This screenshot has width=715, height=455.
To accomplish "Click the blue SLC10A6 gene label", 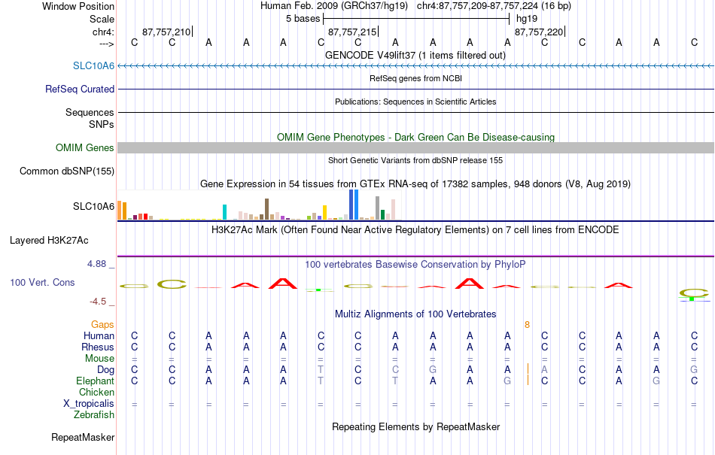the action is tap(93, 65).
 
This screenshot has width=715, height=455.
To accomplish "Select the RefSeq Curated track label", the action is tap(80, 89).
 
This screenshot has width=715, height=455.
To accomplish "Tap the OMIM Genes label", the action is tap(85, 147).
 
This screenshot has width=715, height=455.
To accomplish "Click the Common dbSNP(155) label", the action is tap(67, 171).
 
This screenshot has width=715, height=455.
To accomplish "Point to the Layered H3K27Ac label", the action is tap(49, 240).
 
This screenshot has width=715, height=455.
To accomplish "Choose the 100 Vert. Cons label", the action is tap(42, 282).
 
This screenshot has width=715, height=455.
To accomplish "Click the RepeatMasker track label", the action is tap(83, 437).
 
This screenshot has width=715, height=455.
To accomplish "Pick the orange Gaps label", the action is tap(102, 324).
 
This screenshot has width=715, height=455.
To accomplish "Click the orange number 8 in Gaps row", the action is tap(527, 325).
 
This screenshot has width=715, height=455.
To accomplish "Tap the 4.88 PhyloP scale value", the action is tap(96, 264).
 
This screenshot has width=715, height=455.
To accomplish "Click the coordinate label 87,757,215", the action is tap(352, 32).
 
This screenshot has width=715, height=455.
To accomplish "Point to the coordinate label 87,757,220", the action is tap(539, 32).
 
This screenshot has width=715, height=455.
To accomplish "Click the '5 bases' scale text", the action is tap(303, 19).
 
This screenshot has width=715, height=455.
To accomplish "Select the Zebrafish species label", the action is tap(94, 414).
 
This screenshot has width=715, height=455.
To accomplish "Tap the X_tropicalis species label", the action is tap(89, 404).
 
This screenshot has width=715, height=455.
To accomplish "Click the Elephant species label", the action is tap(96, 381).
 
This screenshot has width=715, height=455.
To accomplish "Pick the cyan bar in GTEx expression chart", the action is tap(224, 212).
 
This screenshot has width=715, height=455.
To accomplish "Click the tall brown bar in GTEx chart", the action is tap(266, 209).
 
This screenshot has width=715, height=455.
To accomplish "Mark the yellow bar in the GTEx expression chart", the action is tap(324, 213).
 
